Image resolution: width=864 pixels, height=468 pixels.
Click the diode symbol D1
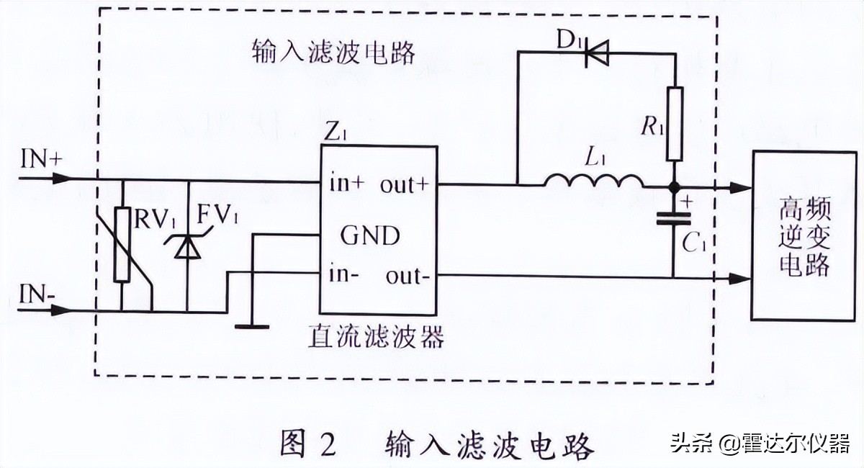pos(595,53)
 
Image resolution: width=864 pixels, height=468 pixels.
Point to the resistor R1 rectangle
pos(673,123)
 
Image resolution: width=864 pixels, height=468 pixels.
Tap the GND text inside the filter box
pos(370,235)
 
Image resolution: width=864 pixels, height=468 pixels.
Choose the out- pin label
pos(408,276)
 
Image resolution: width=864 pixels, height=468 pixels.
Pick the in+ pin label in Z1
pos(348,184)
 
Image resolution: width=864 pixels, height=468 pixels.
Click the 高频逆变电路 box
pos(804,236)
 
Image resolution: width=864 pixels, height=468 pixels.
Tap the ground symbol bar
pos(252,326)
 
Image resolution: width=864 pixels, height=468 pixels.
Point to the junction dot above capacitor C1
pos(673,187)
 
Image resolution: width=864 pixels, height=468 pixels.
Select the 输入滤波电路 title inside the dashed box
pos(334,53)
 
